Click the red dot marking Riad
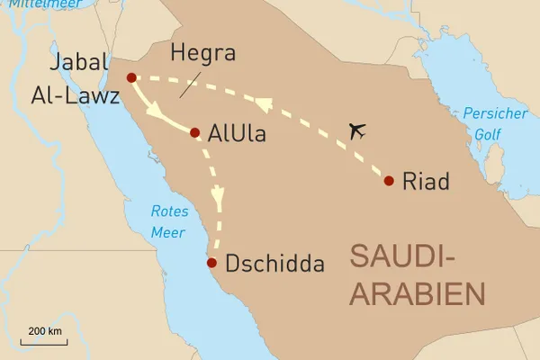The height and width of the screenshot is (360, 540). coord(389,181)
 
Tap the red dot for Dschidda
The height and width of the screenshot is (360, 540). coord(211,263)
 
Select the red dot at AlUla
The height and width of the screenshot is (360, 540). coord(194,132)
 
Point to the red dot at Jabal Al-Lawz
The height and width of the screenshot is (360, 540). coord(131,77)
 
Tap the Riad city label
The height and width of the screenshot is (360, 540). coord(426,180)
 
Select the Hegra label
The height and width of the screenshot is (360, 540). coord(202,53)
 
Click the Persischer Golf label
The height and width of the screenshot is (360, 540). coord(485,123)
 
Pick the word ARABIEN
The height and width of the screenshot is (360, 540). coord(416,294)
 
